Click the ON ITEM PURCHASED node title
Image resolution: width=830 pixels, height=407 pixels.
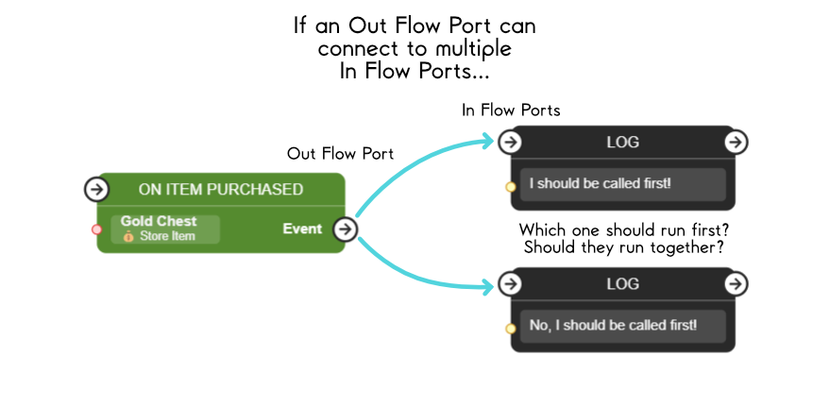point(220,189)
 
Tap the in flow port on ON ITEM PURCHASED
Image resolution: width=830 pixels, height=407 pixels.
point(96,189)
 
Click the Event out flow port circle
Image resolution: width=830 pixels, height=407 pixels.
point(346,229)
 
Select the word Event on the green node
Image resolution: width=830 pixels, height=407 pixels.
point(302,229)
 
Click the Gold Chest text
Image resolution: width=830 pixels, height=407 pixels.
point(159,221)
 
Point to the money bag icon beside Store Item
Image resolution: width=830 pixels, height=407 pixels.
point(129,236)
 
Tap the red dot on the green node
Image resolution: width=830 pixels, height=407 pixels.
point(96,229)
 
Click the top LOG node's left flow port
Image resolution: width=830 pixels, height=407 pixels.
point(510,142)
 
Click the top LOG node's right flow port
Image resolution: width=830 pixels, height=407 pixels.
point(736,142)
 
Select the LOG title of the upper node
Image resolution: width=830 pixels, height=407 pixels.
point(622,142)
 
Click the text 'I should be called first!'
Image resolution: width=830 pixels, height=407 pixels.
point(600,183)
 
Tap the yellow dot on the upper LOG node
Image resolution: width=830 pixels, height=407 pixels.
point(511,186)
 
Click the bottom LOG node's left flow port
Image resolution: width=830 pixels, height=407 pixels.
point(510,283)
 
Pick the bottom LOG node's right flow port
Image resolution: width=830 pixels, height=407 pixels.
point(736,283)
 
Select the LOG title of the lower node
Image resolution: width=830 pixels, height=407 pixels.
point(622,283)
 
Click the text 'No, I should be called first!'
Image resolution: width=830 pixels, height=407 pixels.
point(613,325)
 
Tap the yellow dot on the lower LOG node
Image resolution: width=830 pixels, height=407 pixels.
point(511,328)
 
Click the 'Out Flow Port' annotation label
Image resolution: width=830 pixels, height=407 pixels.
point(340,153)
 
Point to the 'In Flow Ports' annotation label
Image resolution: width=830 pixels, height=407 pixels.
point(511,110)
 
